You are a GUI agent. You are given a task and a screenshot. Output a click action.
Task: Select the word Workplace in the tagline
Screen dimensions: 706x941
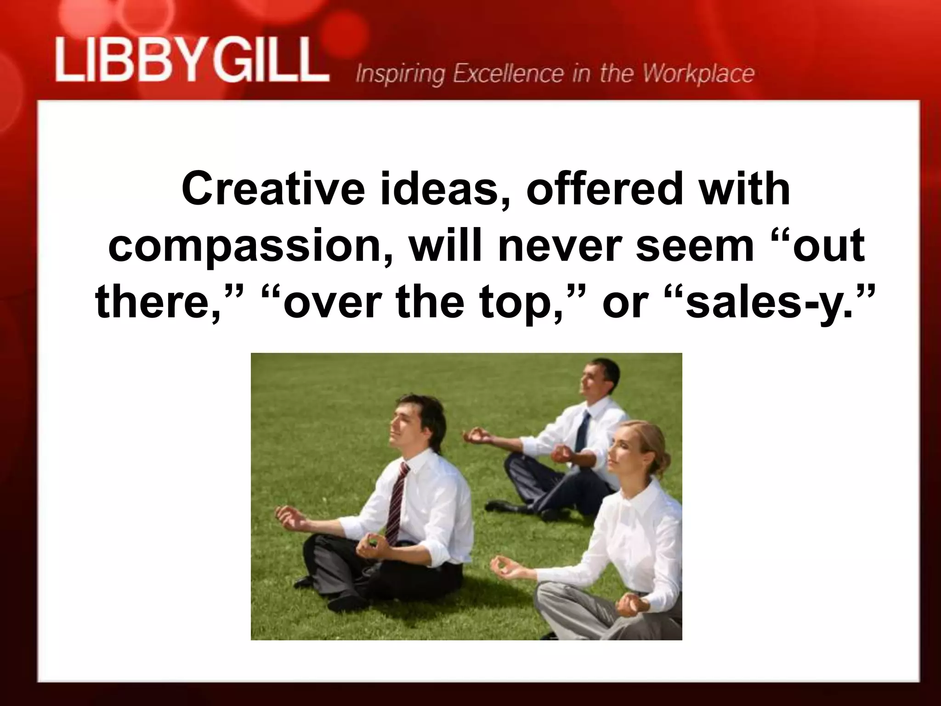[x=698, y=74]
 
